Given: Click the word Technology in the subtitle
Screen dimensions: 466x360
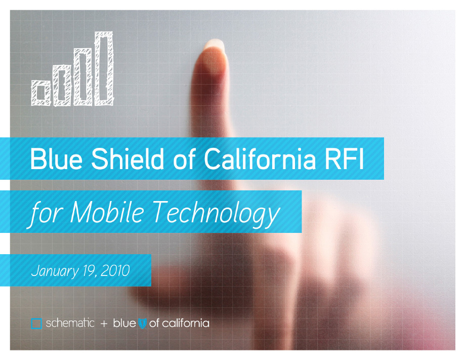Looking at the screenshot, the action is tap(217, 214).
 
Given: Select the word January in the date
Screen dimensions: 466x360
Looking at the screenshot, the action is tap(55, 271).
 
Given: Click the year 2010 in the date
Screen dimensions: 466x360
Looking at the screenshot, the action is tap(115, 271).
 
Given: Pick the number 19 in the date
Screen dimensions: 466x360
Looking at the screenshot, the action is tap(89, 271).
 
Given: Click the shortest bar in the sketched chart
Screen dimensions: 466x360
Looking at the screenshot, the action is tap(40, 93).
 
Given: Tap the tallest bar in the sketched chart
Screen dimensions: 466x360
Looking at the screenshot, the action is tap(104, 68).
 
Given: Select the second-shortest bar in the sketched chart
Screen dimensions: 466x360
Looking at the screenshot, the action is tap(62, 86).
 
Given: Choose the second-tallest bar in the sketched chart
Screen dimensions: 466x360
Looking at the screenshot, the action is tap(82, 77).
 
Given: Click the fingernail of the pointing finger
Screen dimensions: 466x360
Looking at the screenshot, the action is tap(215, 45).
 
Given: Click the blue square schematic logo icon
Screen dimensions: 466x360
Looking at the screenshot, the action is tap(36, 324).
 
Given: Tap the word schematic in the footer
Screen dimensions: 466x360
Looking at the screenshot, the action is tap(70, 323).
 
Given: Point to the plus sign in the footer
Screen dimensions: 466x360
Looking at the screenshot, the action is tap(104, 324).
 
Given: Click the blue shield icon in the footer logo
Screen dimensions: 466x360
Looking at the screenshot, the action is tap(143, 324).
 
